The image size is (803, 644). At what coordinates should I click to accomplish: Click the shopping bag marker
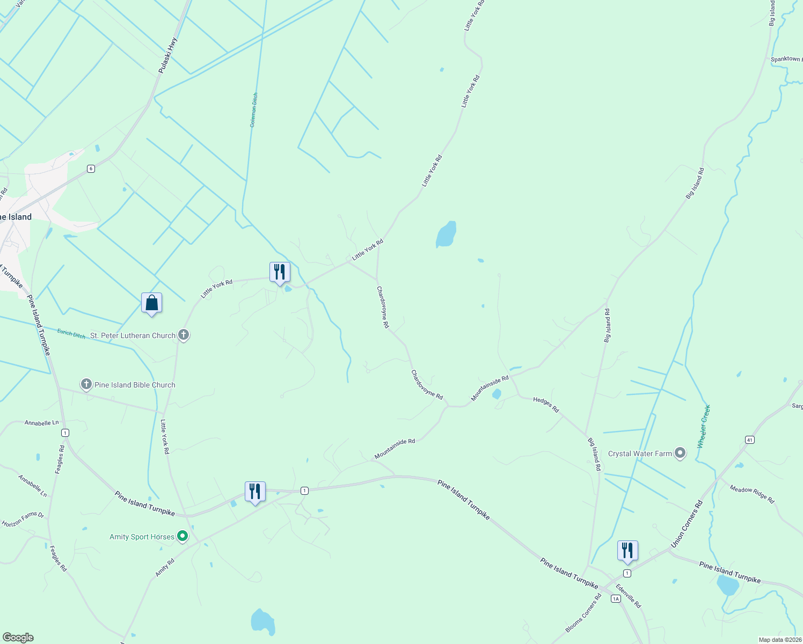[x=151, y=303]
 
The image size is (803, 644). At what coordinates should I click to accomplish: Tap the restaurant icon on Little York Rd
[x=279, y=272]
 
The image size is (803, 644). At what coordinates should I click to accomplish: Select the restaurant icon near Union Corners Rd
[x=627, y=551]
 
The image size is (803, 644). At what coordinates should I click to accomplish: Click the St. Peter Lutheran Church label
[x=133, y=335]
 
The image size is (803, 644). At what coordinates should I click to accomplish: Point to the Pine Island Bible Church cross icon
[x=86, y=384]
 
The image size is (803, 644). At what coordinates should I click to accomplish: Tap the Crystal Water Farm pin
[x=680, y=453]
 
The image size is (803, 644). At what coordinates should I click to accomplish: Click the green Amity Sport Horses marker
[x=182, y=536]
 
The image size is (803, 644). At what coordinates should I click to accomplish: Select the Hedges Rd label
[x=546, y=405]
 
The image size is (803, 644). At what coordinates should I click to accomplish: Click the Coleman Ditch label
[x=253, y=109]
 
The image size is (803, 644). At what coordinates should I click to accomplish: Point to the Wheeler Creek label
[x=704, y=426]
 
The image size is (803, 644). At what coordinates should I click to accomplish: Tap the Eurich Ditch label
[x=71, y=334]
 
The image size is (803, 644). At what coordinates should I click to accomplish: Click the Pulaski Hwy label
[x=168, y=55]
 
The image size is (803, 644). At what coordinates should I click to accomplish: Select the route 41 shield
[x=750, y=440]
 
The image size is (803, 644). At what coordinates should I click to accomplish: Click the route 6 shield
[x=91, y=169]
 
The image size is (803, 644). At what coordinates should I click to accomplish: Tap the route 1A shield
[x=616, y=598]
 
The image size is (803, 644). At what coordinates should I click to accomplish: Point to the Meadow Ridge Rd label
[x=752, y=494]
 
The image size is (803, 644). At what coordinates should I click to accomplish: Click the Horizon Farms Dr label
[x=23, y=519]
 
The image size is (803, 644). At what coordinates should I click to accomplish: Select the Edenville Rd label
[x=628, y=596]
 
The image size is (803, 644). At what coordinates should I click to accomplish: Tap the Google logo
[x=18, y=638]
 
